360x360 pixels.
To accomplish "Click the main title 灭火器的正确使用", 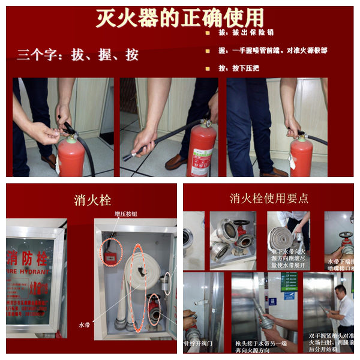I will click(x=179, y=18).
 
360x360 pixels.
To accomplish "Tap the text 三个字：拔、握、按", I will click(x=78, y=55).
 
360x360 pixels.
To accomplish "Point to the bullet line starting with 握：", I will click(x=270, y=50).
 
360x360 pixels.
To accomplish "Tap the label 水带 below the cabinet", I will click(x=85, y=325).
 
